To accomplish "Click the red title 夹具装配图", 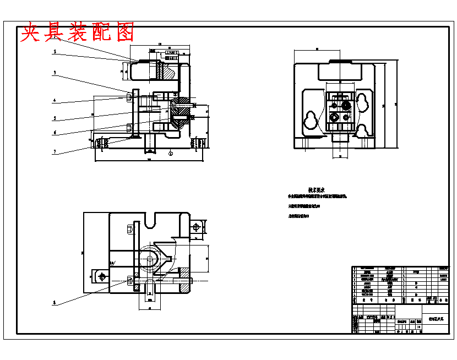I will (x=77, y=32).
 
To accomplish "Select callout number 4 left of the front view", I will (x=55, y=101).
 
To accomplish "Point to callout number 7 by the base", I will (x=55, y=151).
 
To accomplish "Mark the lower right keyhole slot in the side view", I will (x=362, y=131).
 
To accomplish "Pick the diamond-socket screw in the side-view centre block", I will (x=334, y=117).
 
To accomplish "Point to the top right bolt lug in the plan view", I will (x=197, y=226).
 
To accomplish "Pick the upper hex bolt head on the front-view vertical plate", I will (x=129, y=97).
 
